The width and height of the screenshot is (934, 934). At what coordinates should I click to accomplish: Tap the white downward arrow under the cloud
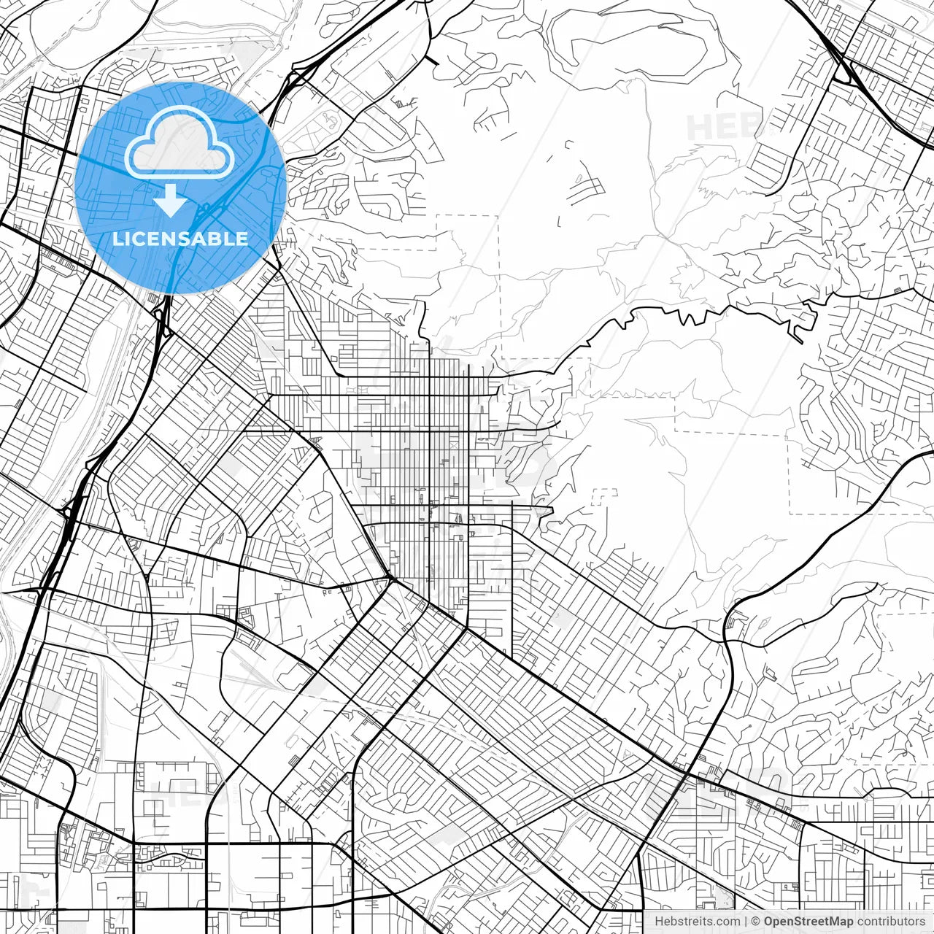[171, 200]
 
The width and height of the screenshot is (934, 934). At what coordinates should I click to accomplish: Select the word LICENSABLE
[180, 239]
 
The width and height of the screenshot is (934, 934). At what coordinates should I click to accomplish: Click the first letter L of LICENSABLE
[117, 239]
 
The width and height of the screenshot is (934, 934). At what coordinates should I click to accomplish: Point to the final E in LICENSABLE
[242, 239]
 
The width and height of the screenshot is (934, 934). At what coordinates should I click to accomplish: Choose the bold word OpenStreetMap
[808, 922]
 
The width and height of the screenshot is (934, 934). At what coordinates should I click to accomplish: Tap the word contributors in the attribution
[891, 922]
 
